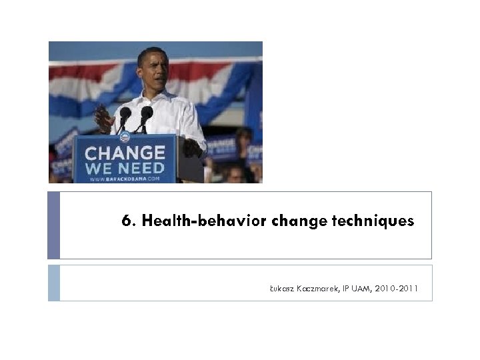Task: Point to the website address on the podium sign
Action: tap(125, 179)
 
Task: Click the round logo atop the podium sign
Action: tap(125, 137)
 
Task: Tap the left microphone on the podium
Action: tap(125, 114)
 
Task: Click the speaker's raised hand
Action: tap(104, 119)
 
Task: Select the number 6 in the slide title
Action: tap(126, 221)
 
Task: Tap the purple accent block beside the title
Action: tap(53, 225)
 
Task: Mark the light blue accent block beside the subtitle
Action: tap(53, 283)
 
